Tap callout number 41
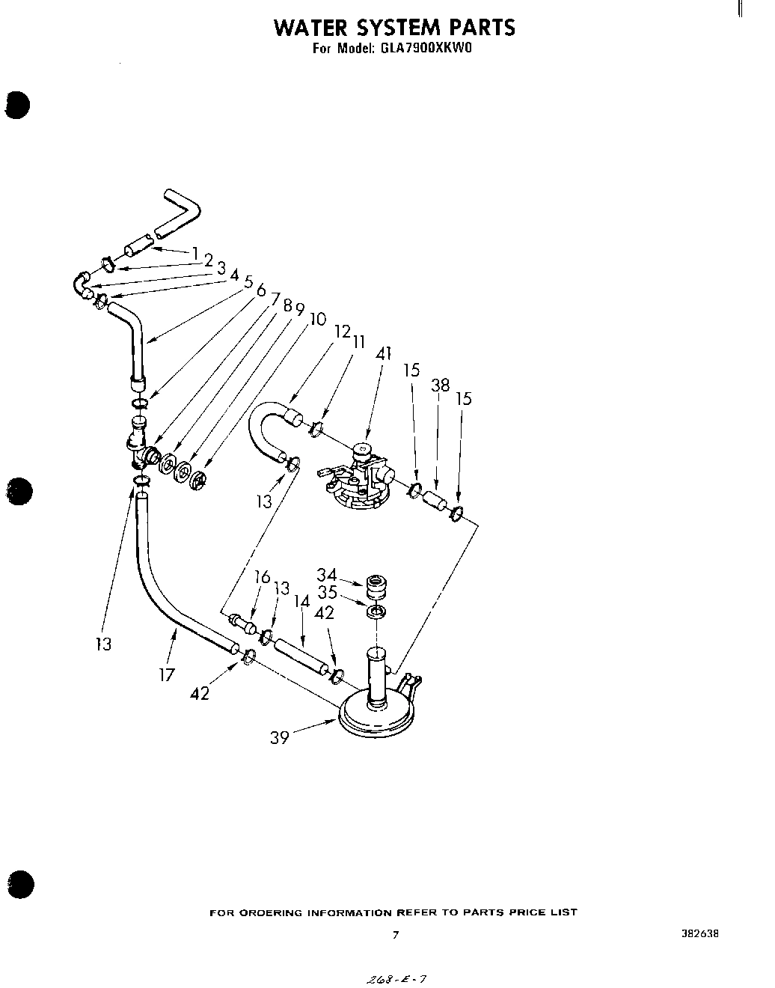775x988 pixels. tap(384, 353)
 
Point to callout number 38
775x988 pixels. tap(440, 385)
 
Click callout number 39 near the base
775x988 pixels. tap(279, 737)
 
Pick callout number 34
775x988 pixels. tap(326, 575)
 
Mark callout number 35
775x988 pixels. tap(326, 593)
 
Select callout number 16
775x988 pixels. tap(262, 576)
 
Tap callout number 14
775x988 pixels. tap(301, 600)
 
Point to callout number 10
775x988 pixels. tap(317, 319)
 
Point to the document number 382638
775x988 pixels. tap(701, 933)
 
